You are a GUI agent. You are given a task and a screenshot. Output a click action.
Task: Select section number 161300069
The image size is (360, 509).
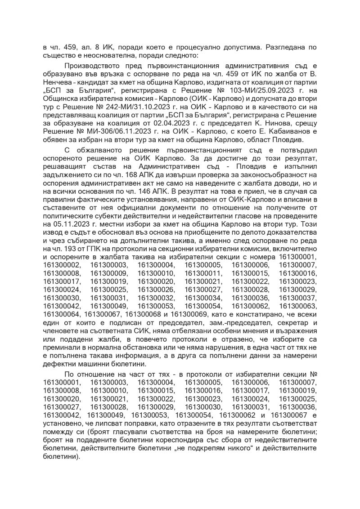(x=192, y=310)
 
